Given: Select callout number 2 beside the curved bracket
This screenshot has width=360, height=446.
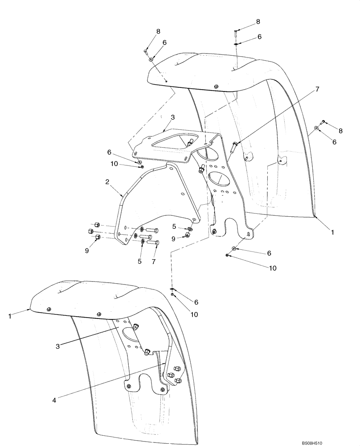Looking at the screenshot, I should point(107,182).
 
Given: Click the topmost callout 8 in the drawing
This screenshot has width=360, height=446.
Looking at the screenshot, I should point(258,22).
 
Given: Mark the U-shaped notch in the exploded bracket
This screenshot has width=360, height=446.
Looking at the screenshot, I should point(230,227).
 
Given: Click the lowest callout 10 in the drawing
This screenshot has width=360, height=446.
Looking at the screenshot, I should point(195,314).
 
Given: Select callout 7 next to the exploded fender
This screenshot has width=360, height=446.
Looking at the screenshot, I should point(317,90).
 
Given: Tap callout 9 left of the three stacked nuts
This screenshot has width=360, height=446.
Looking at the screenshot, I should point(87,251).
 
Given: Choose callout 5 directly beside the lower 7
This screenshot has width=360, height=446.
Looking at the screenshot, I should point(139,261).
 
